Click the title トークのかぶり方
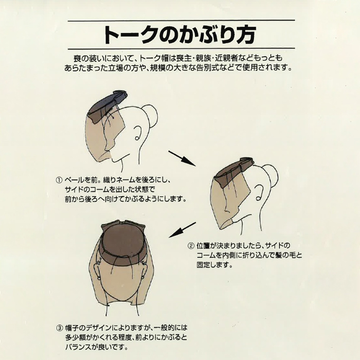click(180, 34)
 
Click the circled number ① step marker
click(59, 180)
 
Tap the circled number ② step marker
click(191, 246)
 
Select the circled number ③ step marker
click(59, 328)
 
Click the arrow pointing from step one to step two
click(182, 158)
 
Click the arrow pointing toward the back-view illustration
click(182, 230)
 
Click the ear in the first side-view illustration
click(138, 133)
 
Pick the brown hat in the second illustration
click(232, 172)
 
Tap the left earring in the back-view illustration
click(99, 278)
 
